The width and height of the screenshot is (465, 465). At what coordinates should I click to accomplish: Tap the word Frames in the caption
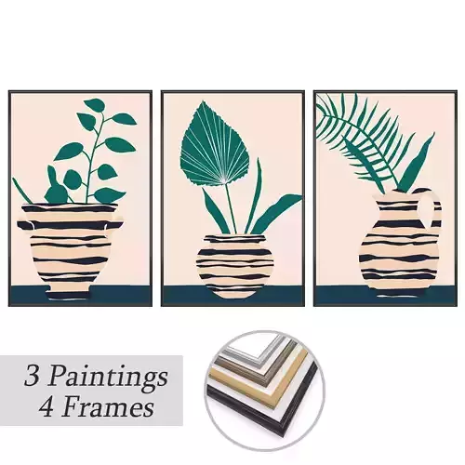[117, 407]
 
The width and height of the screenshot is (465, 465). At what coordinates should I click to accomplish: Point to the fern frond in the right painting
[363, 135]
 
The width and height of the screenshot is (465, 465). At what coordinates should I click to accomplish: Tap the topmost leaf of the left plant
[94, 105]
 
